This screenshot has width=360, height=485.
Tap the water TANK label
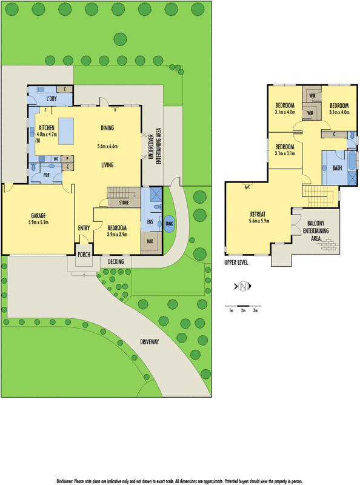click(168, 224)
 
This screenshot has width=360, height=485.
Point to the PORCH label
click(84, 255)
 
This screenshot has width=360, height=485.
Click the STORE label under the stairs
click(124, 202)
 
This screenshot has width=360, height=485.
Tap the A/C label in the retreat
click(247, 187)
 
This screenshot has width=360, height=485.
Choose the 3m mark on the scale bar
click(256, 310)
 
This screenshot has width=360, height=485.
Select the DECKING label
click(116, 261)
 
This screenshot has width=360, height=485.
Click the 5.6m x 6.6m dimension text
click(107, 147)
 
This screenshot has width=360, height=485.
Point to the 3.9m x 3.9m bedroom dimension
click(117, 235)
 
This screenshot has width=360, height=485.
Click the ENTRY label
click(84, 228)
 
